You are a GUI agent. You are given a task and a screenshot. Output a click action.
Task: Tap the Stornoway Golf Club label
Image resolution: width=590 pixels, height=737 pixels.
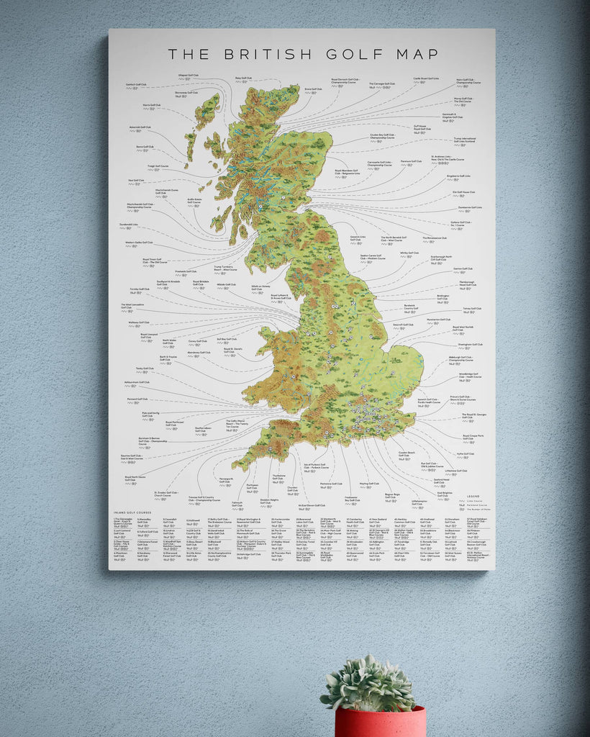(x=186, y=93)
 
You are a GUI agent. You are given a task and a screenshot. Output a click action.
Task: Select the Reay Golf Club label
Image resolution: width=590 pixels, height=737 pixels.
(x=242, y=78)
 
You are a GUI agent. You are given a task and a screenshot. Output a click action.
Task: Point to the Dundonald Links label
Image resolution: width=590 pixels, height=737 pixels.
(x=129, y=224)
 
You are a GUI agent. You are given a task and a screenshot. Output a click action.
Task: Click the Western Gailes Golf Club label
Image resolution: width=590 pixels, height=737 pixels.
(x=139, y=243)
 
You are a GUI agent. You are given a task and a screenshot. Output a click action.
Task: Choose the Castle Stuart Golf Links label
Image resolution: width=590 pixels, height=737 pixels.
(x=426, y=78)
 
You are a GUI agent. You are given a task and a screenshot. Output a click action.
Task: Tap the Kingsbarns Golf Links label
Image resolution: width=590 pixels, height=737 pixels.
(x=458, y=176)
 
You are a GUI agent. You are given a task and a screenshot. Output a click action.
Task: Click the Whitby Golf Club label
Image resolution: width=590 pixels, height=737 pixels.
(x=409, y=253)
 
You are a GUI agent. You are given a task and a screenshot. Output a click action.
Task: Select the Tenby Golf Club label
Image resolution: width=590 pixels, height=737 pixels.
(x=145, y=368)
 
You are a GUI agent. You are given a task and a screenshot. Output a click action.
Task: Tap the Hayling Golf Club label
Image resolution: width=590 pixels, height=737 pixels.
(x=369, y=484)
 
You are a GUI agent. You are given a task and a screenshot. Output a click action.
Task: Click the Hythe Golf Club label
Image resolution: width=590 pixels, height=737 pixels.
(x=466, y=453)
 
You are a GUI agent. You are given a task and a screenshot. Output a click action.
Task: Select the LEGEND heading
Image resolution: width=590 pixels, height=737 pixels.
(x=473, y=497)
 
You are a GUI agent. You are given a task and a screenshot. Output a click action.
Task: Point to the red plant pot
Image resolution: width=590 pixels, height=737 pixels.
(x=379, y=722)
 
